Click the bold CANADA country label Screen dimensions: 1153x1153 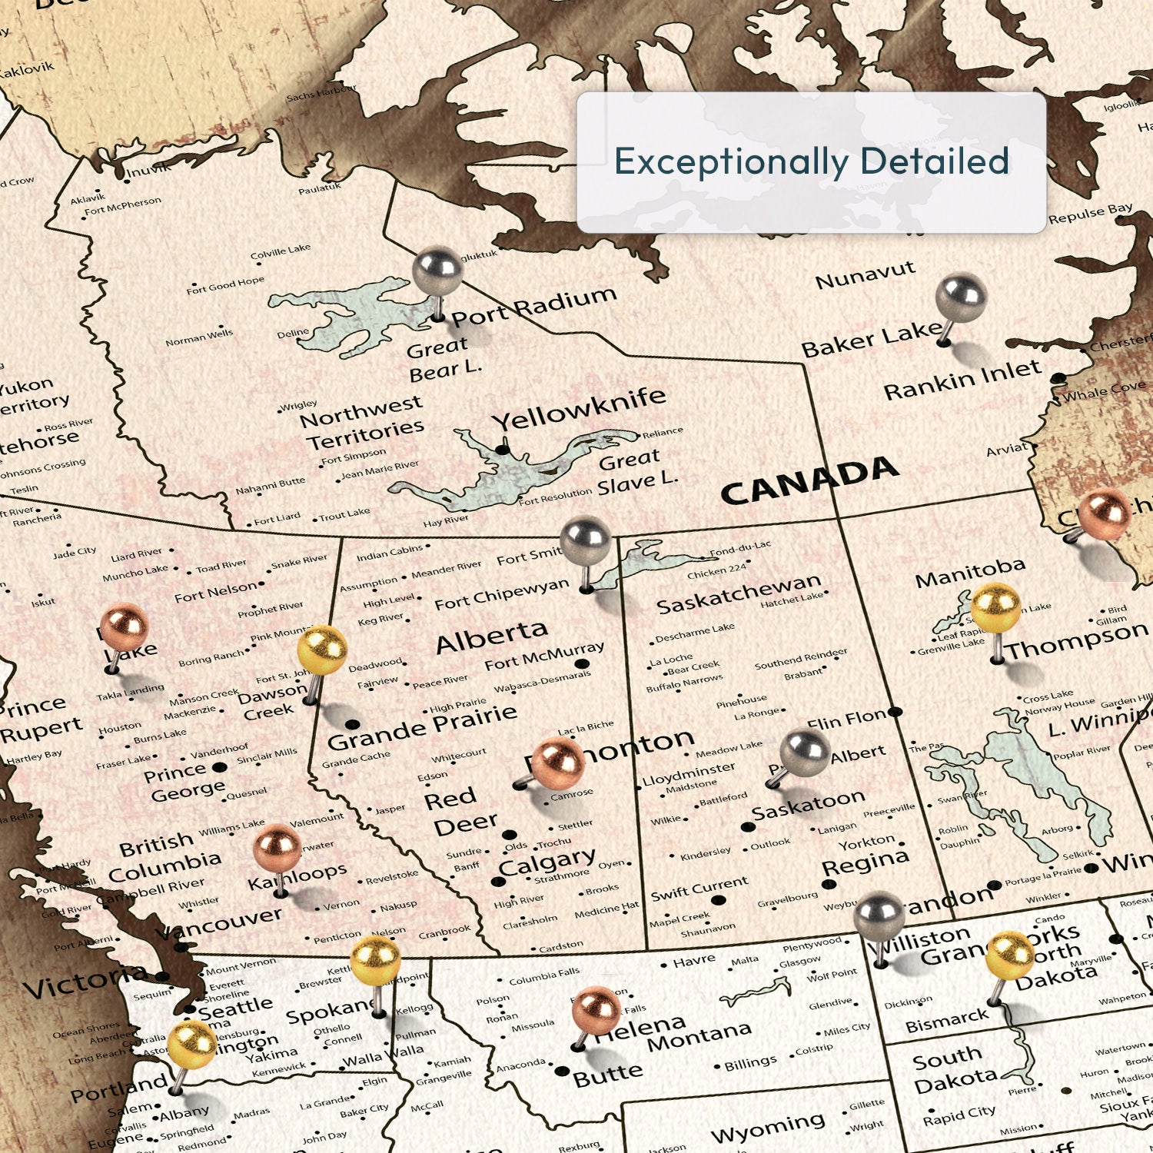pos(809,482)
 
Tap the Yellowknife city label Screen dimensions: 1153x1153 pos(579,409)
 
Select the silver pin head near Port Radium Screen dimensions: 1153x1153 pos(437,270)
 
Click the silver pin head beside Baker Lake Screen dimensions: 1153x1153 pos(961,297)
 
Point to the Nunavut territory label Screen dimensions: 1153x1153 pos(865,274)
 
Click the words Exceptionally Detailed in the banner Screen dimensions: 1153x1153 pos(811,161)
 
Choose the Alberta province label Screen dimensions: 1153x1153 pos(491,637)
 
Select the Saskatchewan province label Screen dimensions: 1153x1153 pos(739,593)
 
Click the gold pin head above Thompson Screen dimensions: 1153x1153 pos(995,608)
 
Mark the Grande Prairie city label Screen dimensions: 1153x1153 pos(422,728)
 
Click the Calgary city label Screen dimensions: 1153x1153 pos(547,862)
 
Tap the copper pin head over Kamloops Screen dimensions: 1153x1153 pos(277,848)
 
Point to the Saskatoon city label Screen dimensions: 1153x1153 pos(808,805)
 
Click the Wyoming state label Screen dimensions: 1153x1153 pos(768,1128)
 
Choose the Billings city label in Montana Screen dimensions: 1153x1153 pos(750,1063)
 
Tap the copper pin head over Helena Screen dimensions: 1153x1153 pos(596,1010)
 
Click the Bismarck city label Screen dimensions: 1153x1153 pos(946,1021)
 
